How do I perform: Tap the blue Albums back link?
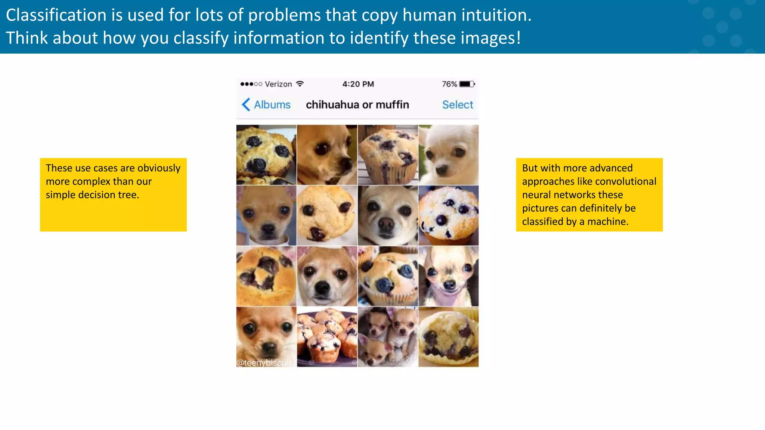(x=272, y=105)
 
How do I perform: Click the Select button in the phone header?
(x=458, y=105)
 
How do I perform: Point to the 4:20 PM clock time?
(x=358, y=84)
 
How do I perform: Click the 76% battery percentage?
(x=449, y=84)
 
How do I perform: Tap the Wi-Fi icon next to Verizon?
(x=300, y=84)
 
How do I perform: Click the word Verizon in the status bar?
(x=278, y=84)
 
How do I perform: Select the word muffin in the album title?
(x=392, y=105)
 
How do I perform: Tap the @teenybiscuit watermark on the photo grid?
(x=264, y=362)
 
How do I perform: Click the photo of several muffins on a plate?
(x=327, y=337)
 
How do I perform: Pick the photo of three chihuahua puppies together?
(x=388, y=337)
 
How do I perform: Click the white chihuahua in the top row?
(x=448, y=155)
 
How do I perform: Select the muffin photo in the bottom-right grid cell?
(x=448, y=337)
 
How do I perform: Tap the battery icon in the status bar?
(x=467, y=84)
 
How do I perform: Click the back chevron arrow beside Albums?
(x=246, y=105)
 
